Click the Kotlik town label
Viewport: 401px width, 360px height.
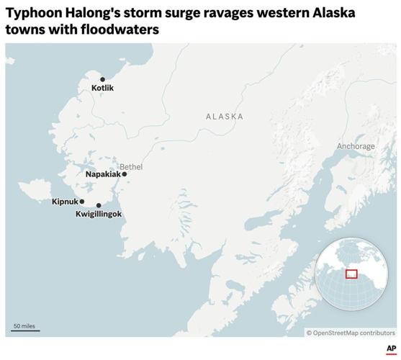(x=102, y=89)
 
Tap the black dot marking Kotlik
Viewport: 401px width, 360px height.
(x=102, y=79)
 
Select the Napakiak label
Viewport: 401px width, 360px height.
(x=103, y=174)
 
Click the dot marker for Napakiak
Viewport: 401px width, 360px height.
(x=125, y=174)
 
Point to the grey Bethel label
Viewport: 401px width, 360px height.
(x=131, y=166)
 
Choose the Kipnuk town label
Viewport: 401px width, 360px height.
(x=65, y=202)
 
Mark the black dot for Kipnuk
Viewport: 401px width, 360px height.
(x=82, y=202)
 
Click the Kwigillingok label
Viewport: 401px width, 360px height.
(x=99, y=215)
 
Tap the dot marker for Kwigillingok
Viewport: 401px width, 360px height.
(x=99, y=205)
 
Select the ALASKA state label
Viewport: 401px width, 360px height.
(x=224, y=117)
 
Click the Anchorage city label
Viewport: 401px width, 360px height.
(x=356, y=146)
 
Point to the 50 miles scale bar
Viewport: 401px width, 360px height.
(x=25, y=329)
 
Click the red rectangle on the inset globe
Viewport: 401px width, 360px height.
(x=351, y=274)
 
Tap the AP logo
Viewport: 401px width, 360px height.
(x=390, y=348)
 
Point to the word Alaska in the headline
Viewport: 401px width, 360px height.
(x=333, y=14)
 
